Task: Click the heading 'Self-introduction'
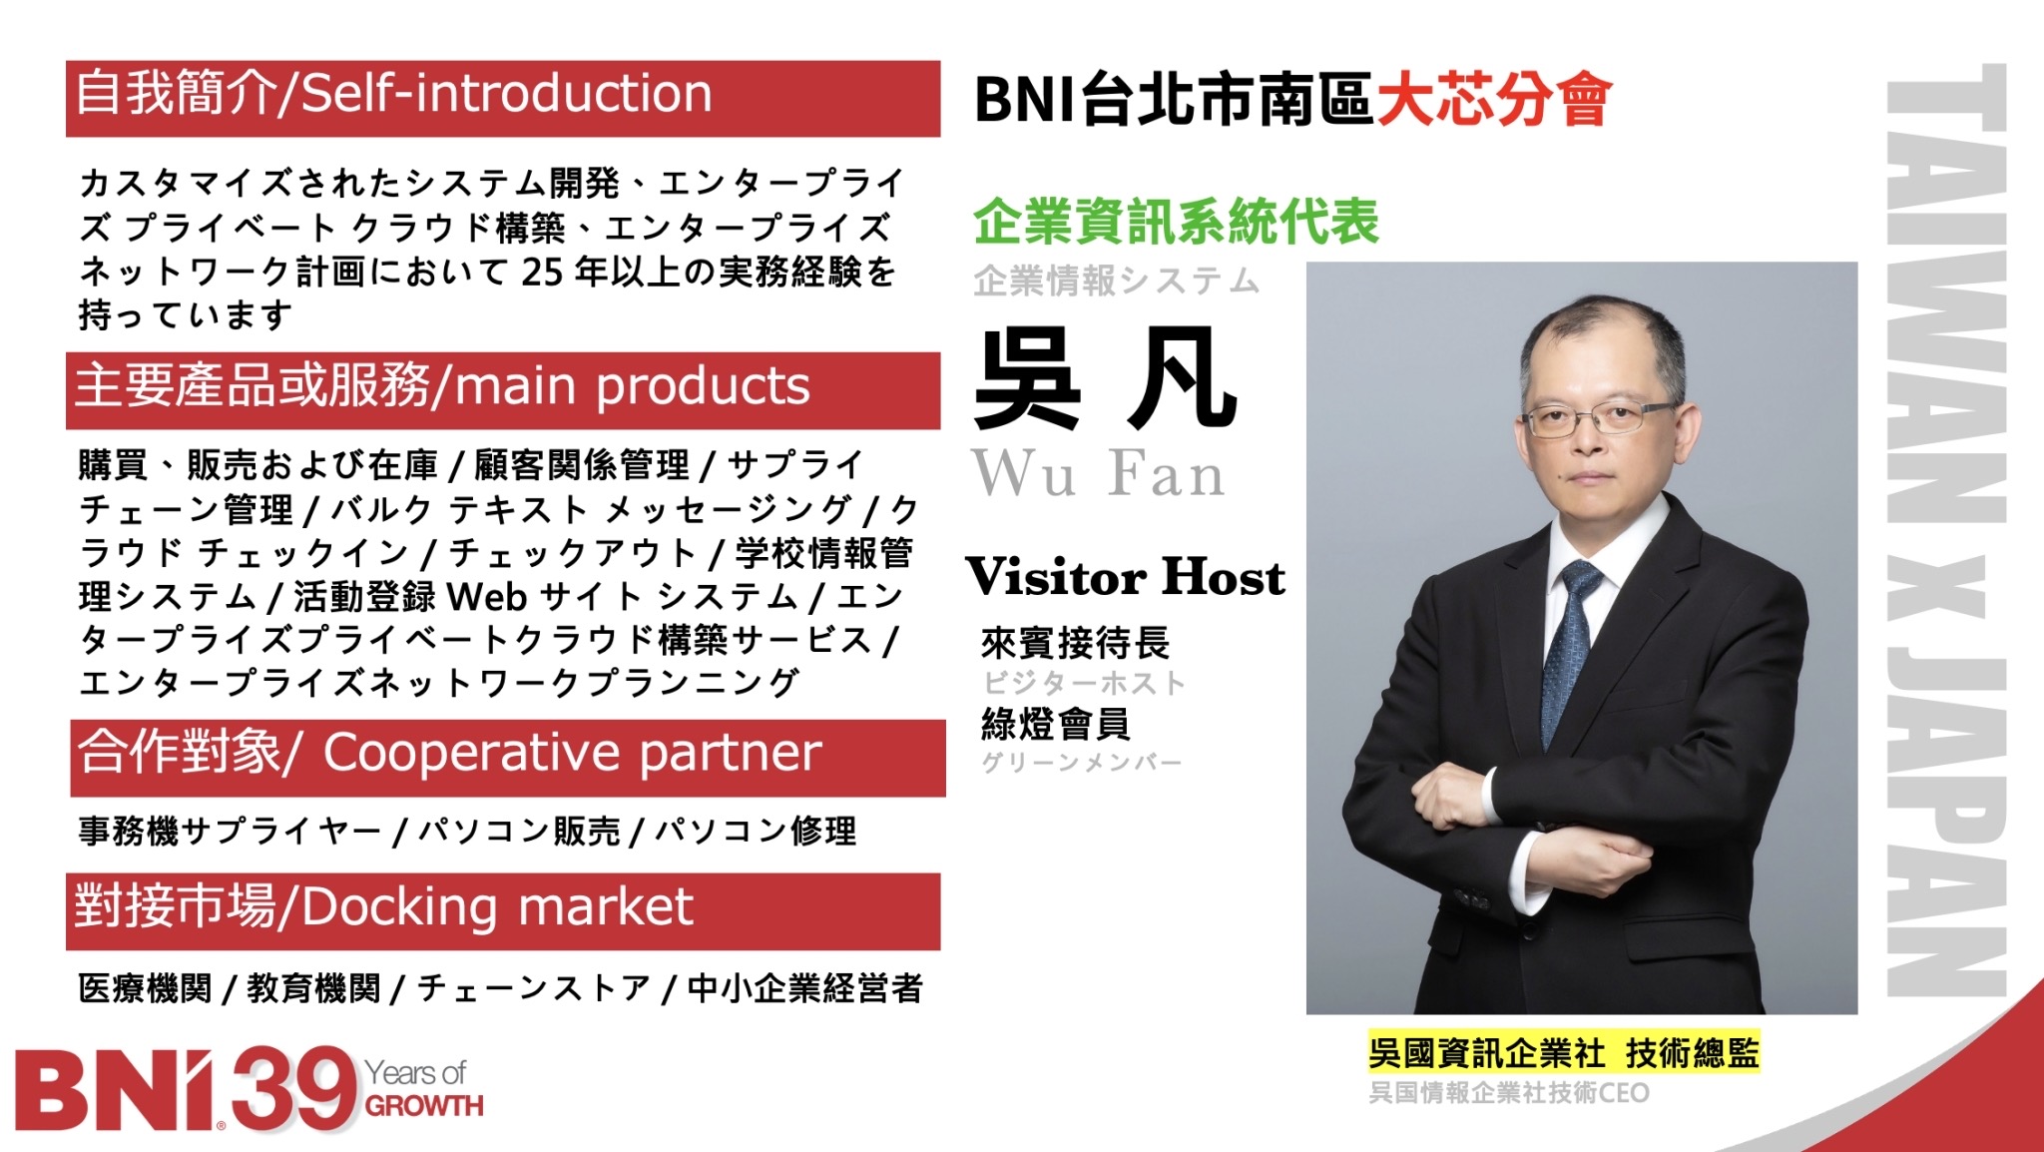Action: point(506,95)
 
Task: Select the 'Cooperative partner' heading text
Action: point(572,754)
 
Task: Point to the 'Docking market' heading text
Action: point(497,908)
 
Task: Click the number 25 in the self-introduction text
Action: point(543,272)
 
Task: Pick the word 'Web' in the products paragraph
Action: point(486,597)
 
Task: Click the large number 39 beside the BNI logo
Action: point(294,1090)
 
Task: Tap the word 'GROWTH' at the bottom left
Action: point(424,1106)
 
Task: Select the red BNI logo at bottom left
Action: point(120,1090)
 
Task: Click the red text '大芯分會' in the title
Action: point(1494,100)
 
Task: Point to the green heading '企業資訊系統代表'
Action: point(1176,222)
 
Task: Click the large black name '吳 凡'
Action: point(1106,379)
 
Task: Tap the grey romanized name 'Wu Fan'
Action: point(1098,474)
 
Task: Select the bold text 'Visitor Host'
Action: point(1126,577)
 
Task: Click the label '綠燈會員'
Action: point(1055,724)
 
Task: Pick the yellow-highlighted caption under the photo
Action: point(1564,1052)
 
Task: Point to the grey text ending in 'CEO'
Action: point(1508,1093)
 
